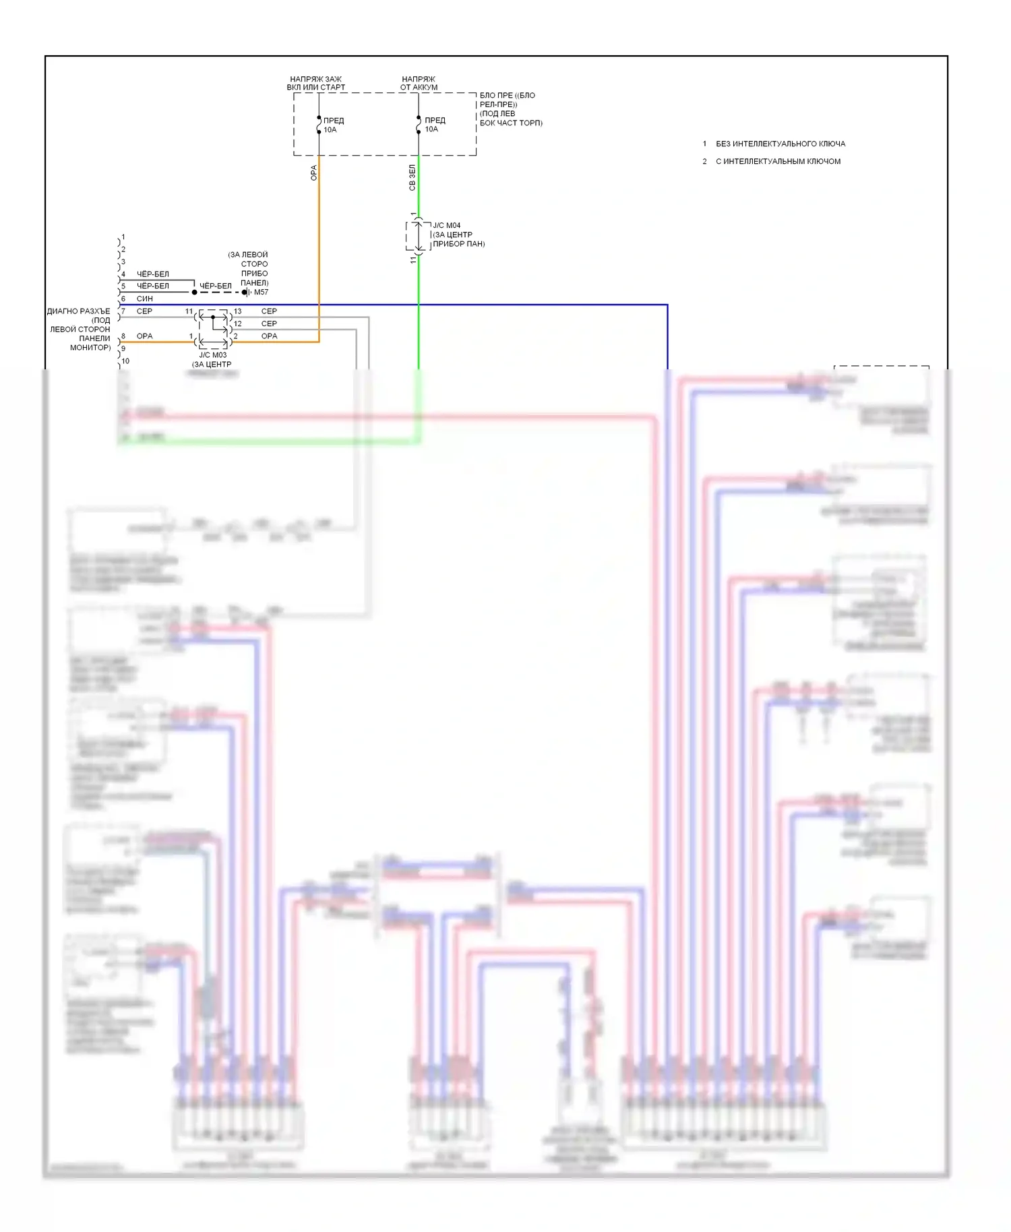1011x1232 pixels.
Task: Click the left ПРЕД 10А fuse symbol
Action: (x=319, y=125)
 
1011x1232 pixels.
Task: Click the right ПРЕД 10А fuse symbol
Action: (x=419, y=125)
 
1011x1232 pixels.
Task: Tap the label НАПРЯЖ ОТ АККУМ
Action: (x=419, y=83)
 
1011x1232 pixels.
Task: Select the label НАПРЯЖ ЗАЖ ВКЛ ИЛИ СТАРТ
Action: (x=315, y=83)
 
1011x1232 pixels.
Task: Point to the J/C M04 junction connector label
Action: (x=446, y=226)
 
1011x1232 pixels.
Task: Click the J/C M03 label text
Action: (x=213, y=355)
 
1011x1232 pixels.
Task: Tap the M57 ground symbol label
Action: (x=260, y=292)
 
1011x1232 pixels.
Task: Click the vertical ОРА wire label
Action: (x=313, y=173)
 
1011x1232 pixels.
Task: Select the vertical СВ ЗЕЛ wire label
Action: (x=412, y=178)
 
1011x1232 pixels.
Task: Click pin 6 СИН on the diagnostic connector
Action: (x=144, y=299)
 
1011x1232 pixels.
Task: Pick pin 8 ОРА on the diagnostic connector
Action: (x=144, y=336)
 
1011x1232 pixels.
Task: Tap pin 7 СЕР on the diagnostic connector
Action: (x=144, y=311)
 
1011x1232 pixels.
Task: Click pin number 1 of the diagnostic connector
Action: (x=123, y=238)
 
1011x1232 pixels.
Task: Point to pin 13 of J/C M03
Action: (x=237, y=311)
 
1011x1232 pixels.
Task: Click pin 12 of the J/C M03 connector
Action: (x=237, y=324)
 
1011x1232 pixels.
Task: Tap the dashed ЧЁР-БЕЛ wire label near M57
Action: (x=215, y=286)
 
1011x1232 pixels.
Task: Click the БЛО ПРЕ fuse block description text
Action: (x=510, y=109)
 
